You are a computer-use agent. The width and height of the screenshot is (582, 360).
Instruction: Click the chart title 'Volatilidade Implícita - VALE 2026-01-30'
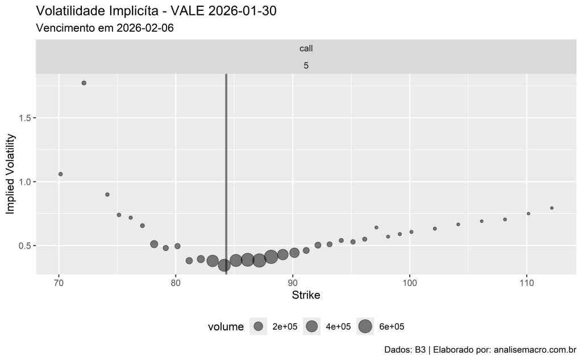pyautogui.click(x=156, y=11)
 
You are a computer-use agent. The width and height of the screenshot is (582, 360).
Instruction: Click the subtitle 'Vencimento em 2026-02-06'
pyautogui.click(x=105, y=28)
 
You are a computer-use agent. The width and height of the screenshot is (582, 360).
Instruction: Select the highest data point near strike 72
pyautogui.click(x=84, y=83)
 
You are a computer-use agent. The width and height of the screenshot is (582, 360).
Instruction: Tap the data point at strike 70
pyautogui.click(x=60, y=174)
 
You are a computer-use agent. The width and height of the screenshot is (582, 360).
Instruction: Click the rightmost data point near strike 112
pyautogui.click(x=551, y=208)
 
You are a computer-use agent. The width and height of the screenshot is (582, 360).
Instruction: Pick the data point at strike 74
pyautogui.click(x=107, y=195)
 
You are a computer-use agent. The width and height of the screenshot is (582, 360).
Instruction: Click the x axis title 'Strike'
pyautogui.click(x=306, y=295)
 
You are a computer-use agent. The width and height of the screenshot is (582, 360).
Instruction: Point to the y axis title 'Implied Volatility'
pyautogui.click(x=10, y=173)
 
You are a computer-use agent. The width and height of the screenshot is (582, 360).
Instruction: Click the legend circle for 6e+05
pyautogui.click(x=365, y=326)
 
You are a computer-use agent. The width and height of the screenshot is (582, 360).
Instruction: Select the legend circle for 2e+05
pyautogui.click(x=259, y=326)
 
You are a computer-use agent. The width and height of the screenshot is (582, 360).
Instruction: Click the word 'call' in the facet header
pyautogui.click(x=306, y=49)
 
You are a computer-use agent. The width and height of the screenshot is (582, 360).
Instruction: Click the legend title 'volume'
pyautogui.click(x=226, y=327)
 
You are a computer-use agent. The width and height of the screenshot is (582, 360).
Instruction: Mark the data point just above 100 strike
pyautogui.click(x=411, y=232)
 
